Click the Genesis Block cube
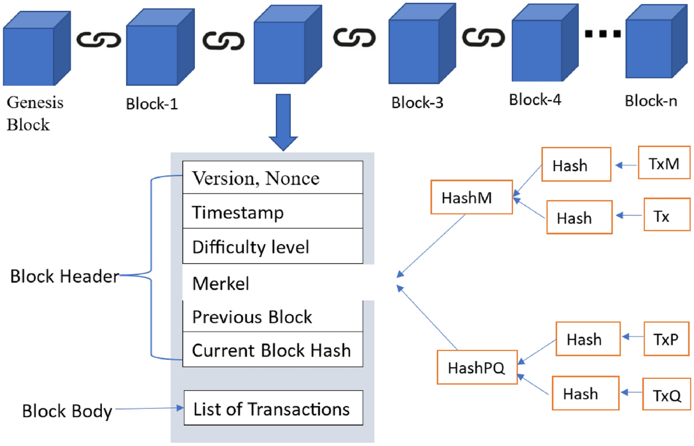(x=37, y=49)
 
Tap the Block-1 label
(x=152, y=104)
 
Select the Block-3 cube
(x=422, y=44)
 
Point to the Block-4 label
(x=535, y=100)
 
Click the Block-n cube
(x=657, y=41)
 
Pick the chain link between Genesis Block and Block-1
(x=98, y=40)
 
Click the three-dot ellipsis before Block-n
(x=603, y=34)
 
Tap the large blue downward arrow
(x=283, y=123)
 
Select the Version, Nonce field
(x=272, y=177)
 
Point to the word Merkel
(x=220, y=283)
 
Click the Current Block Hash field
(x=272, y=349)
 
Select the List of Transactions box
(x=273, y=408)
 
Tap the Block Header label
(x=65, y=276)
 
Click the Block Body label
(x=67, y=411)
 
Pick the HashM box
(x=471, y=197)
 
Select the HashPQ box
(x=477, y=367)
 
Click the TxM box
(x=664, y=163)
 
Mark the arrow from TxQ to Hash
(x=632, y=392)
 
